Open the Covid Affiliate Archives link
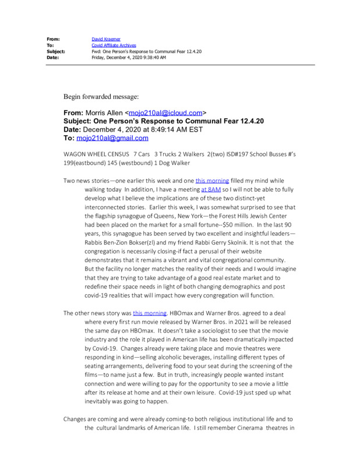click(114, 45)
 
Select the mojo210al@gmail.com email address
click(112, 138)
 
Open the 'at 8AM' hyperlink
click(211, 189)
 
